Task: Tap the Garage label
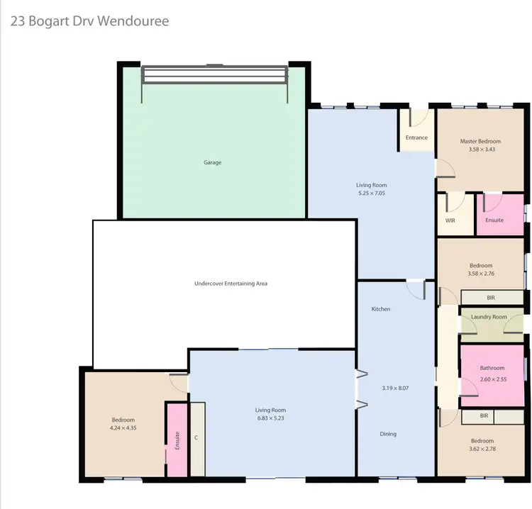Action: [x=213, y=162]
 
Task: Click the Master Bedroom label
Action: [x=480, y=141]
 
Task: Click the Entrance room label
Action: [x=416, y=138]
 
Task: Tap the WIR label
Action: [x=450, y=220]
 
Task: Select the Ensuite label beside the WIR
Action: [x=494, y=220]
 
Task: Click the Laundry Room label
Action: [x=490, y=316]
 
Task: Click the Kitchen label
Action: [x=381, y=309]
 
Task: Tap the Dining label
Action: [x=387, y=434]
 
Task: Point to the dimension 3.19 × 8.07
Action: [x=396, y=388]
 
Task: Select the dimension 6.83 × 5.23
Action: [x=272, y=419]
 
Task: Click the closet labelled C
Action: [x=196, y=437]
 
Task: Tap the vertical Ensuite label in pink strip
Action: [x=177, y=440]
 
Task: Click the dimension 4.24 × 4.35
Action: [x=123, y=428]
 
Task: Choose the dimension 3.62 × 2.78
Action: [x=483, y=449]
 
